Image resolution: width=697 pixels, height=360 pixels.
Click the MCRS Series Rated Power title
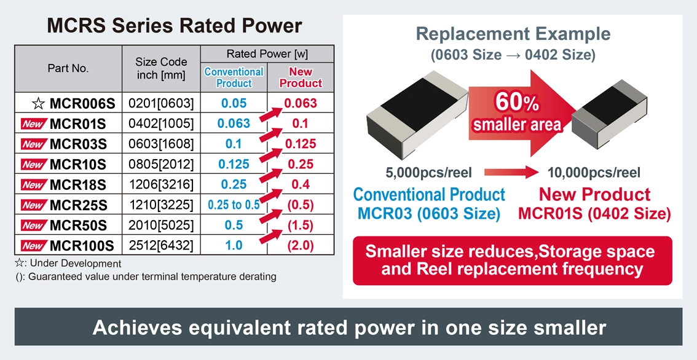(175, 26)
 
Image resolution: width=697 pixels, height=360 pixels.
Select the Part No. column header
(68, 68)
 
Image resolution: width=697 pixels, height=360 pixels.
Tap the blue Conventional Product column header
(234, 77)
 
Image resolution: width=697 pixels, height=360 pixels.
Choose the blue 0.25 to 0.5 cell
(233, 205)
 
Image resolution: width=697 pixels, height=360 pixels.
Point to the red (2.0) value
(301, 245)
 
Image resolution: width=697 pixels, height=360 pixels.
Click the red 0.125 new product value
(301, 144)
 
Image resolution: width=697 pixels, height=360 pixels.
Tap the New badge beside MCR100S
(33, 246)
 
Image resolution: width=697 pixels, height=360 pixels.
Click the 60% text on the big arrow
(518, 101)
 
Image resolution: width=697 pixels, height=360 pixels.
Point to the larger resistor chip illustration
(415, 115)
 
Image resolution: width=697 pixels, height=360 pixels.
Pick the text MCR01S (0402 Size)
(594, 214)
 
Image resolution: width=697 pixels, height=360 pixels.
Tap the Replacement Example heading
(513, 34)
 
